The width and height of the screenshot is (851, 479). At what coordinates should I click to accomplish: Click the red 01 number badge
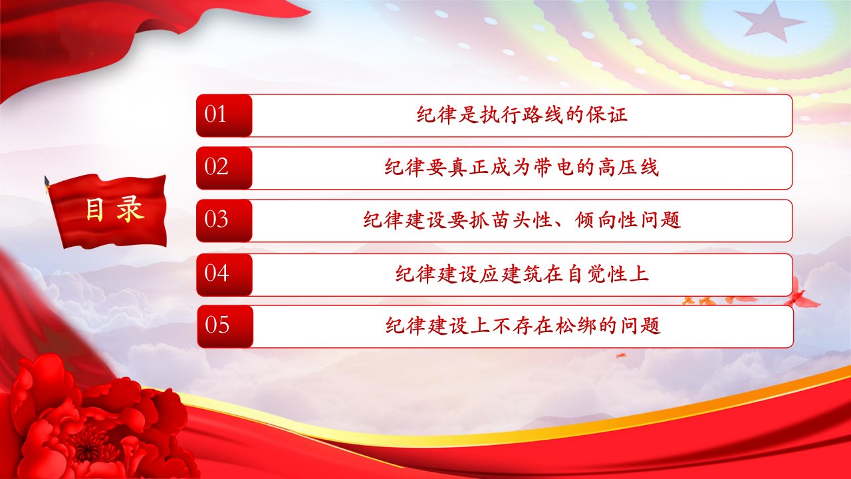click(224, 116)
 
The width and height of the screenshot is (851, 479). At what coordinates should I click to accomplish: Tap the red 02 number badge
click(224, 168)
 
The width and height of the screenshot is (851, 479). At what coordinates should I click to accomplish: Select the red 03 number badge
click(224, 220)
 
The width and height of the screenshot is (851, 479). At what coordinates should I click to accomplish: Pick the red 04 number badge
click(224, 275)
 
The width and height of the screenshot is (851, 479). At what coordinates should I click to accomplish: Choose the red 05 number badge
click(225, 326)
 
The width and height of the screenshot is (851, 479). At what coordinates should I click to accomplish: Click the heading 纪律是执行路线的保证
click(522, 114)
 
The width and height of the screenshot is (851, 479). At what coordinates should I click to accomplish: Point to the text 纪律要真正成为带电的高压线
click(522, 167)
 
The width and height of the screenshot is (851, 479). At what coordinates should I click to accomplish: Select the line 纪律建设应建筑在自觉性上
click(522, 273)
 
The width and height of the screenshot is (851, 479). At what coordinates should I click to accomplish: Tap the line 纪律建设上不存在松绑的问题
click(523, 325)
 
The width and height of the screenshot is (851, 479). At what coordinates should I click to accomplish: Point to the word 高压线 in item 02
click(628, 167)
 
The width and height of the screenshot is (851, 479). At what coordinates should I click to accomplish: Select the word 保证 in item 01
click(607, 114)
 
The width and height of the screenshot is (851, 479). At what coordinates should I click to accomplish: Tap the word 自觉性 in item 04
click(596, 273)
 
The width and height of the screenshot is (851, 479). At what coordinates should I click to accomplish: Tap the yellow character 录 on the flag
click(130, 210)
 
